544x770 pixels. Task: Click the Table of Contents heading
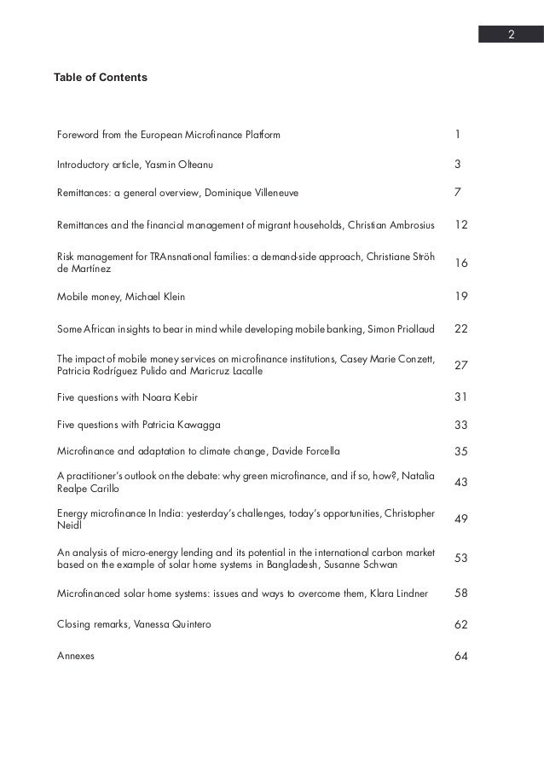click(100, 78)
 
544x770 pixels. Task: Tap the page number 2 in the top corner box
click(510, 35)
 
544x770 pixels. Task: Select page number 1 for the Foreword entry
click(458, 135)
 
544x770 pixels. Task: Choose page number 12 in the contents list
click(461, 224)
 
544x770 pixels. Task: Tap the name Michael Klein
click(157, 297)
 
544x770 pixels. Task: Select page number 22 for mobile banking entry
click(461, 329)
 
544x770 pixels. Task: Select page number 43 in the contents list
click(461, 482)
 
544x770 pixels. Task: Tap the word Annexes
click(75, 656)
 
